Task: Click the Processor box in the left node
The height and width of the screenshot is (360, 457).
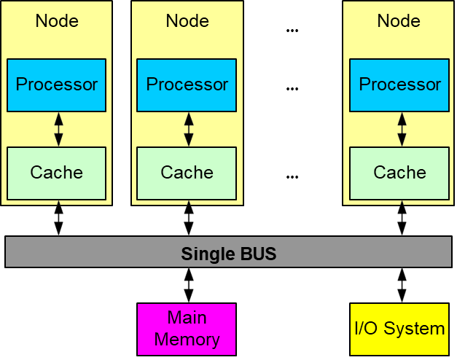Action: (x=56, y=85)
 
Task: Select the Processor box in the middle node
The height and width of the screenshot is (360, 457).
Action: (x=187, y=85)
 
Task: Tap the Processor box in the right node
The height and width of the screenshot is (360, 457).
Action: (x=399, y=85)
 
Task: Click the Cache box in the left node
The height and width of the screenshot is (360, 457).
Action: (x=56, y=173)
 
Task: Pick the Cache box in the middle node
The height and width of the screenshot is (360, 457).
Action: (x=187, y=173)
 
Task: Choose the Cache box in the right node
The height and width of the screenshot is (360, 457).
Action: (x=399, y=173)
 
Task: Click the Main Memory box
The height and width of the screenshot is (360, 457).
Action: (x=187, y=329)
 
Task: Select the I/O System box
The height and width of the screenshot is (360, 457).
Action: (x=399, y=329)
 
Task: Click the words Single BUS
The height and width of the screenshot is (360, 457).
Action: (x=229, y=255)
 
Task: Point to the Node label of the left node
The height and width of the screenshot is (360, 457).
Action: (x=57, y=20)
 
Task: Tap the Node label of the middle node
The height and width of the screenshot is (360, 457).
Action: (x=187, y=20)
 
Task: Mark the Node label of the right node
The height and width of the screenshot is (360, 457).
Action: (x=399, y=20)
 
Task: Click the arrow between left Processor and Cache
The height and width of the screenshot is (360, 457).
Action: (x=58, y=129)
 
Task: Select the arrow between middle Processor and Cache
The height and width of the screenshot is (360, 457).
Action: (x=189, y=129)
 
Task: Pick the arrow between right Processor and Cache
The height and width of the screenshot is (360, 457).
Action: (x=401, y=129)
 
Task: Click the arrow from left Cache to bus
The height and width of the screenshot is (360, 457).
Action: (x=58, y=219)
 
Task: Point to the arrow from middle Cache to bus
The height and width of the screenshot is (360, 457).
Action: (x=189, y=219)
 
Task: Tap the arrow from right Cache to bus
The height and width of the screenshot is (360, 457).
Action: (x=401, y=219)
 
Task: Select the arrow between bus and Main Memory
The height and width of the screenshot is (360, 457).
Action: (x=189, y=285)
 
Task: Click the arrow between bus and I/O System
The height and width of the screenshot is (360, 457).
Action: (x=401, y=285)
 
